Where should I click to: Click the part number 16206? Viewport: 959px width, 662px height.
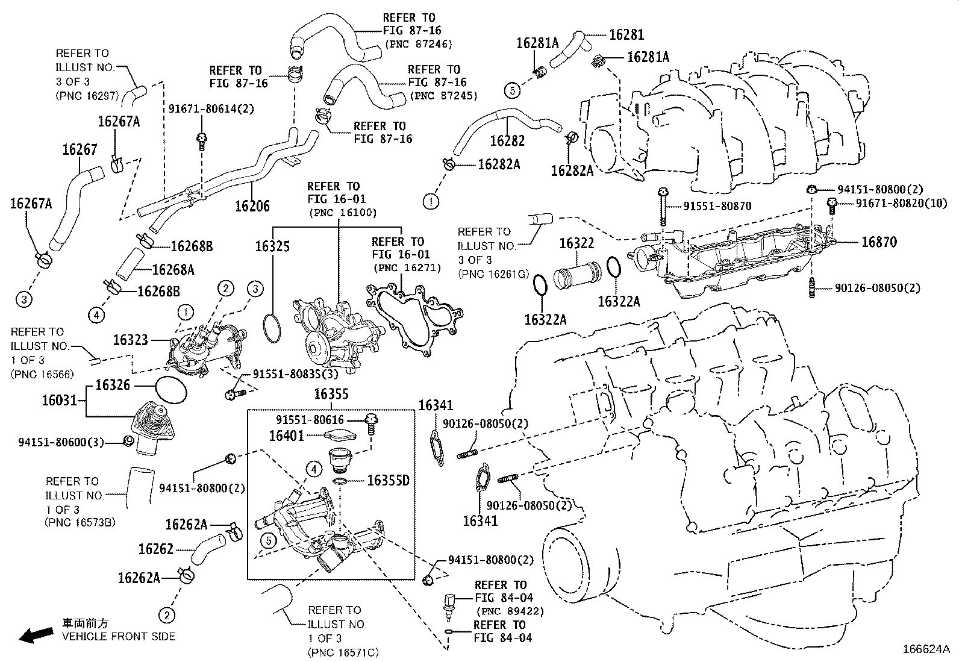252,206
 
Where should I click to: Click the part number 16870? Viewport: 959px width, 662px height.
879,242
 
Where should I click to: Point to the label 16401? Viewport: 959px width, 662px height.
287,435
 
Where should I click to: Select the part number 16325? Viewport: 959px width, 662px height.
272,246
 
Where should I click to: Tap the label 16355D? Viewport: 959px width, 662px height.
388,480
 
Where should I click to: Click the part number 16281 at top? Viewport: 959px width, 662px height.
626,35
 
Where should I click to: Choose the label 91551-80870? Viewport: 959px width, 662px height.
717,206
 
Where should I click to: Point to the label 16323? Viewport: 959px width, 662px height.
131,340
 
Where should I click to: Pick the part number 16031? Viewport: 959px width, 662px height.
60,400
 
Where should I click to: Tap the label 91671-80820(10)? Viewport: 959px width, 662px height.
901,204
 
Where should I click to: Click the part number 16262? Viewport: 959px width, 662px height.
155,549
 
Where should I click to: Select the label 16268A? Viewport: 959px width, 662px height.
173,269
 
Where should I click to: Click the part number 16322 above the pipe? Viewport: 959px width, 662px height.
576,244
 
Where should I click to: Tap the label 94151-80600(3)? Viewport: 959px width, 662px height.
61,443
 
